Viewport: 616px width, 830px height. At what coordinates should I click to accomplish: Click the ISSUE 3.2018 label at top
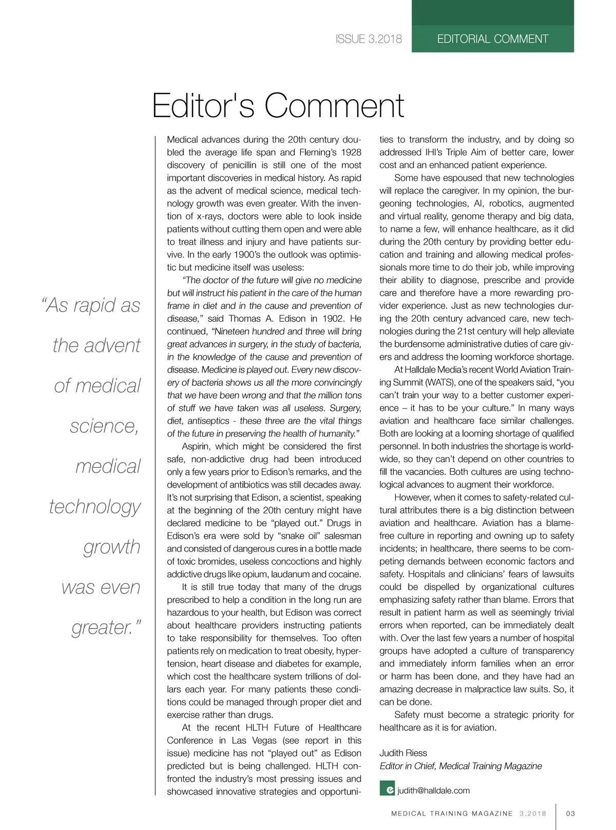pyautogui.click(x=369, y=39)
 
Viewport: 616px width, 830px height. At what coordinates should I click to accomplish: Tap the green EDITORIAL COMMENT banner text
pyautogui.click(x=492, y=39)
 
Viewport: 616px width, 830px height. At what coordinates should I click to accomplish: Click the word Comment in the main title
pyautogui.click(x=334, y=105)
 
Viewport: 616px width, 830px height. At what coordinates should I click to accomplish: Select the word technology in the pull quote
pyautogui.click(x=95, y=507)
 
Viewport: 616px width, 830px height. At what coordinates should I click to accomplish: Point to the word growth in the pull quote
pyautogui.click(x=112, y=547)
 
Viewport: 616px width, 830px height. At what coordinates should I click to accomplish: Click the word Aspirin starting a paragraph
pyautogui.click(x=196, y=447)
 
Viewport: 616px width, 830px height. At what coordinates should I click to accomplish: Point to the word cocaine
pyautogui.click(x=345, y=574)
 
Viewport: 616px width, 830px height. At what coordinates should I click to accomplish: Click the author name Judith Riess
pyautogui.click(x=403, y=753)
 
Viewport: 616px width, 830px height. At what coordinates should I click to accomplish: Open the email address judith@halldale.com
pyautogui.click(x=434, y=790)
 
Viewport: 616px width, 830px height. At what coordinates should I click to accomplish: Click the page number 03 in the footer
pyautogui.click(x=570, y=814)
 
